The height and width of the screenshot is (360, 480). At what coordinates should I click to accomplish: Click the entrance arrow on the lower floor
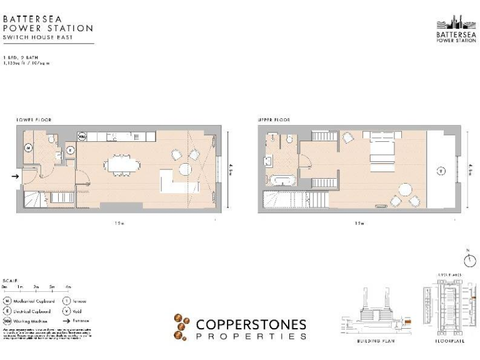click(x=16, y=176)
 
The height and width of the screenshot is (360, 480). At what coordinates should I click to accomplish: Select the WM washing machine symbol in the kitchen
click(x=82, y=136)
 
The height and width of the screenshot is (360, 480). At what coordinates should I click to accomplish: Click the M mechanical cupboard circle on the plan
click(x=29, y=147)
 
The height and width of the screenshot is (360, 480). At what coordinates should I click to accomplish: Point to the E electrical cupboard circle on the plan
click(x=70, y=150)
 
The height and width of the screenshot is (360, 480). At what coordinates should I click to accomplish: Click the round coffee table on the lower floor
click(x=185, y=169)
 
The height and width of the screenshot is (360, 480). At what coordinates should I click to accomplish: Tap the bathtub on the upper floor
click(x=279, y=181)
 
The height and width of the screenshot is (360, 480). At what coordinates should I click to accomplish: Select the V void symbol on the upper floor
click(x=441, y=170)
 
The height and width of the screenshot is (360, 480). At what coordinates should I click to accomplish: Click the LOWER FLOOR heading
click(x=34, y=119)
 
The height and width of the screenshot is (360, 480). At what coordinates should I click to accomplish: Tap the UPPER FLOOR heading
click(x=274, y=119)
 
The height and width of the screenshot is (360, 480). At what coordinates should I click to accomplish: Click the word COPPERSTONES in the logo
click(x=251, y=324)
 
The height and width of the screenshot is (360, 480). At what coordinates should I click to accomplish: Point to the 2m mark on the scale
click(x=37, y=286)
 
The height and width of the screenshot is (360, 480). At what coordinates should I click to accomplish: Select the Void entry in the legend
click(x=76, y=311)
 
